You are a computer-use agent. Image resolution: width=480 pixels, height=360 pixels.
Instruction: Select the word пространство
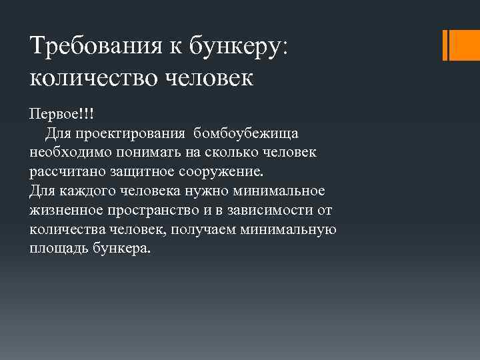pos(161,211)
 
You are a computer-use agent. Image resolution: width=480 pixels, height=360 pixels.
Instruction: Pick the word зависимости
pos(267,211)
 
